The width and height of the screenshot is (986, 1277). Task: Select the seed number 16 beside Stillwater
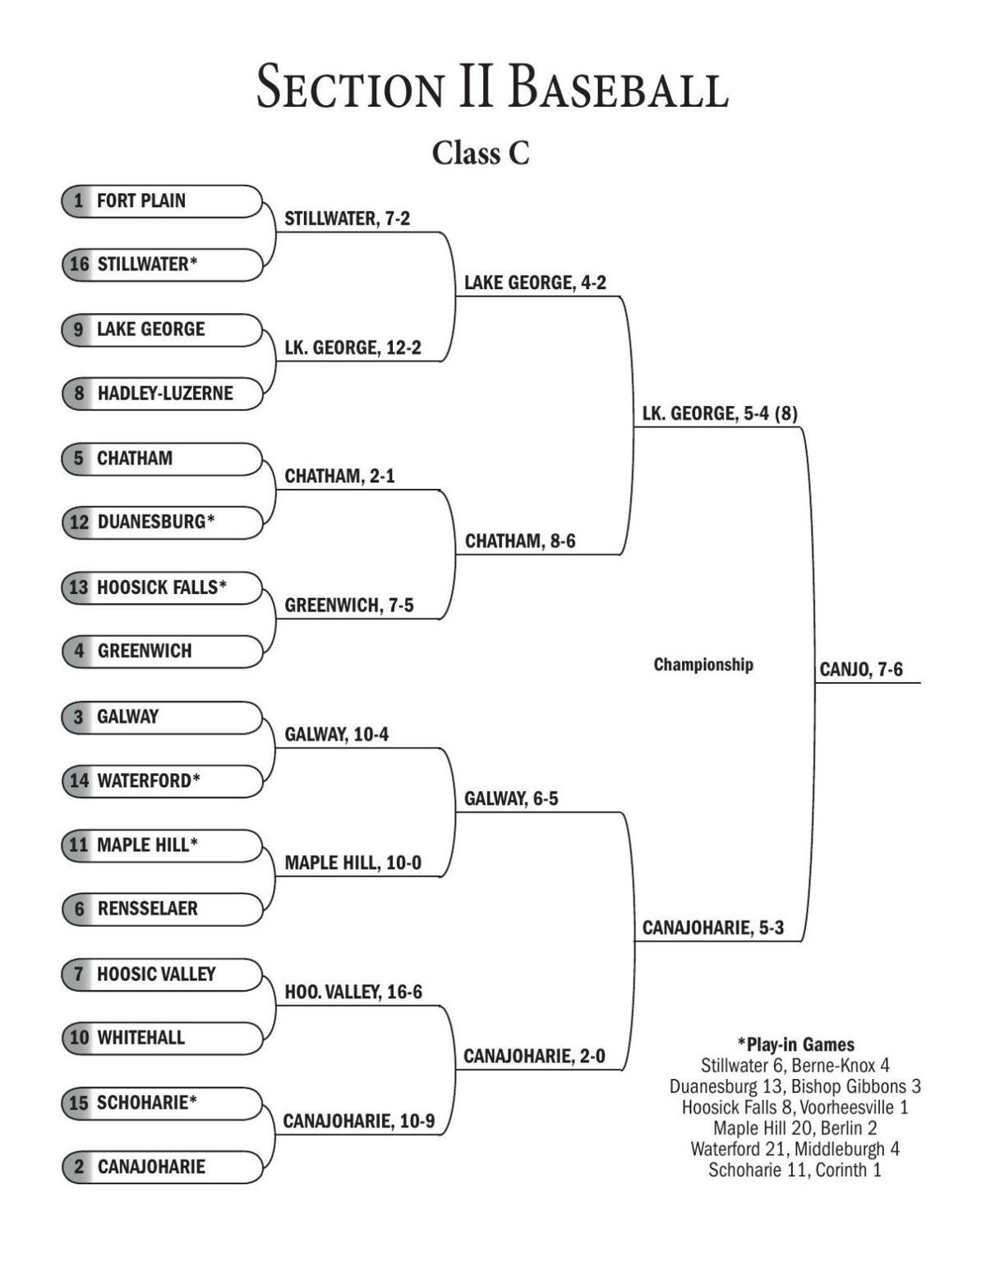[x=79, y=265]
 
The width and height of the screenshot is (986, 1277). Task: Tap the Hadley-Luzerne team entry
[x=164, y=394]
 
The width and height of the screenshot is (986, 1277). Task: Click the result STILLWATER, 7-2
[x=347, y=219]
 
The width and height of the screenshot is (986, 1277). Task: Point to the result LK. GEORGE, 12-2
[x=352, y=348]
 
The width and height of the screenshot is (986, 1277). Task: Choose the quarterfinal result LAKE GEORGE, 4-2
[x=535, y=283]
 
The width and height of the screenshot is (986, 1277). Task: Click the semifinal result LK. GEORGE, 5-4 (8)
[x=720, y=413]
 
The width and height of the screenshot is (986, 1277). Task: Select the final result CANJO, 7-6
[x=860, y=670]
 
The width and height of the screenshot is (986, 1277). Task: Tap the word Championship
[x=703, y=665]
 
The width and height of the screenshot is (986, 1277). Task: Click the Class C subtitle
[x=481, y=153]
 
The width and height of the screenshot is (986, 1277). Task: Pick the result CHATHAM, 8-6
[x=520, y=541]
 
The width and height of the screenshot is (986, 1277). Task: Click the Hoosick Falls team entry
[x=161, y=588]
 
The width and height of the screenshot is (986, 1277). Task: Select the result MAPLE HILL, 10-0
[x=352, y=863]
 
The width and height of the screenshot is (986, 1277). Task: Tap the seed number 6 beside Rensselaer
[x=79, y=909]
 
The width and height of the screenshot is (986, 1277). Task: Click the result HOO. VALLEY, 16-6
[x=353, y=992]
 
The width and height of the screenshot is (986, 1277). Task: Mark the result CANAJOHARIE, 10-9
[x=358, y=1121]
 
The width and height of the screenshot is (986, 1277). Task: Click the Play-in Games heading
[x=795, y=1044]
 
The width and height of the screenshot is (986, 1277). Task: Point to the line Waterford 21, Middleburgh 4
[x=795, y=1149]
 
